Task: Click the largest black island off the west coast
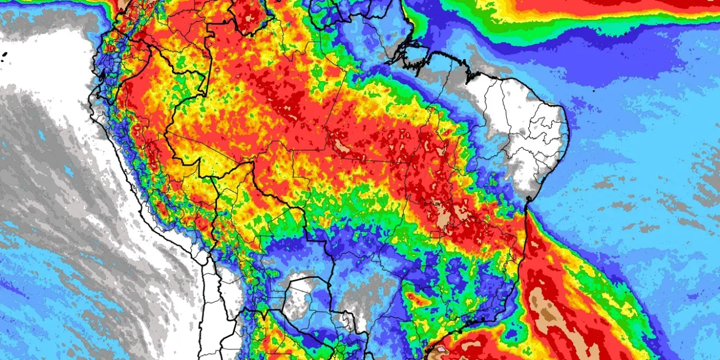[4, 55]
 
